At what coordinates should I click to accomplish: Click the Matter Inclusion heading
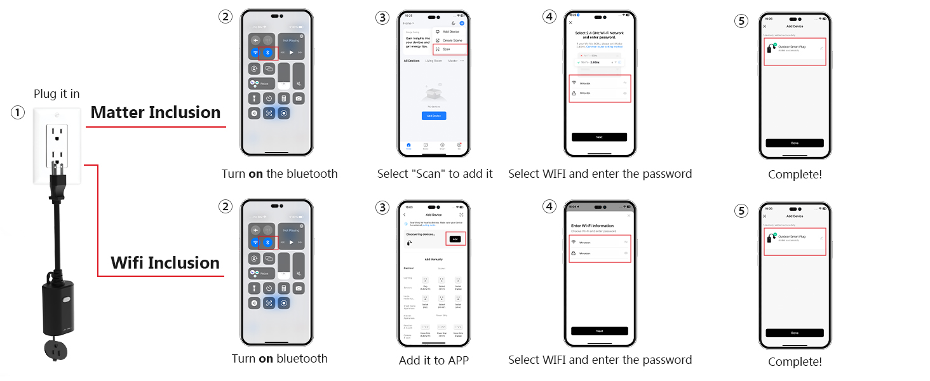(156, 113)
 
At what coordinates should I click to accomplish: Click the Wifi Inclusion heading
(165, 263)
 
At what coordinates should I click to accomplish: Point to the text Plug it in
(57, 94)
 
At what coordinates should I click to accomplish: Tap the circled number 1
(18, 113)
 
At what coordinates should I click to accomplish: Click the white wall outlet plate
(57, 146)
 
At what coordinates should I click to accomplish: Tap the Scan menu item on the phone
(450, 49)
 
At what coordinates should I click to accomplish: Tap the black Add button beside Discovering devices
(455, 239)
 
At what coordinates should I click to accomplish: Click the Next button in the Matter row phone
(599, 137)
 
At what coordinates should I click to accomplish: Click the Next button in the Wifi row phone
(599, 331)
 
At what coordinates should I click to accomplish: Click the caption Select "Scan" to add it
(435, 174)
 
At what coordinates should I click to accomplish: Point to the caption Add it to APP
(433, 361)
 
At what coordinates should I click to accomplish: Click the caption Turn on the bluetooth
(280, 174)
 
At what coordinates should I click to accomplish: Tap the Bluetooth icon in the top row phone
(268, 53)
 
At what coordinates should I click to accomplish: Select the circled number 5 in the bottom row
(741, 210)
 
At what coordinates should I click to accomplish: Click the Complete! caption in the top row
(795, 175)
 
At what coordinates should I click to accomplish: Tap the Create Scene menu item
(452, 40)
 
